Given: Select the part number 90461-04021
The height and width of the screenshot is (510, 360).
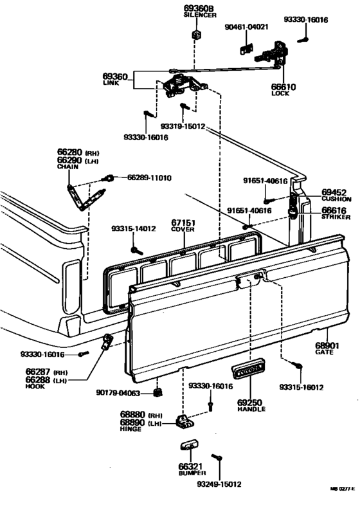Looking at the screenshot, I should pos(247,27).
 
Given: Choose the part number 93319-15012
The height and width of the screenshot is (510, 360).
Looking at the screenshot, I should pos(184,127).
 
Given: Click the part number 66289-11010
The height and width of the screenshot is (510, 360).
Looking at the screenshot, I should pos(149,177).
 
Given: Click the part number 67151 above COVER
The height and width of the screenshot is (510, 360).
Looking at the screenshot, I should pos(183,224).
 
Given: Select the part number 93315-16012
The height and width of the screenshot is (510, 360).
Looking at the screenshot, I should pos(301,387).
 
